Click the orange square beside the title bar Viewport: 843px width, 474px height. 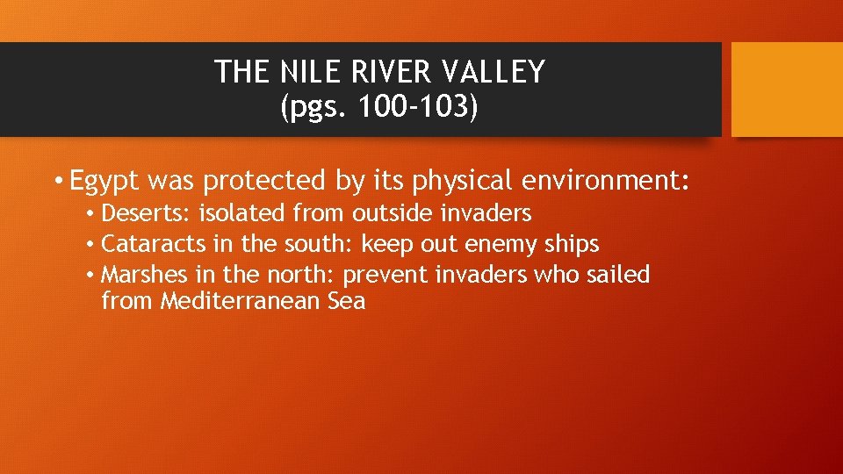[787, 90]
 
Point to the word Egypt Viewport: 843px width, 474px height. [105, 181]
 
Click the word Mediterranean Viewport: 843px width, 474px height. [264, 302]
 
